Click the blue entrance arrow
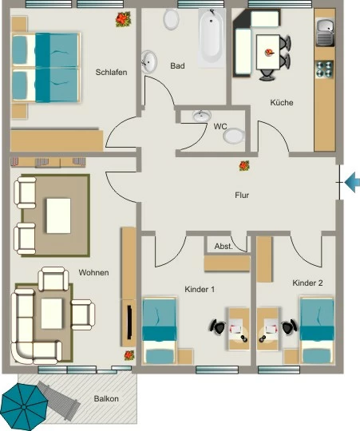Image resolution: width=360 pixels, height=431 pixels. pyautogui.click(x=352, y=182)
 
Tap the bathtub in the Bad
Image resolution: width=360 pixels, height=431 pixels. pyautogui.click(x=211, y=37)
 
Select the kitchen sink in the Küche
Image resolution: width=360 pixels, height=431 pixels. pyautogui.click(x=325, y=32)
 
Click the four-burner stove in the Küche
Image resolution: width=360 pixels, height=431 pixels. pyautogui.click(x=324, y=69)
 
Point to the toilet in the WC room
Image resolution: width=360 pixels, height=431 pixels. pyautogui.click(x=234, y=136)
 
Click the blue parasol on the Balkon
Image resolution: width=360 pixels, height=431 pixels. pyautogui.click(x=25, y=407)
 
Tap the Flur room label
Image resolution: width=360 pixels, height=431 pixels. pyautogui.click(x=242, y=196)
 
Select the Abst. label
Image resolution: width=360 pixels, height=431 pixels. pyautogui.click(x=224, y=247)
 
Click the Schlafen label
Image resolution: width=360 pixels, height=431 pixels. pyautogui.click(x=111, y=73)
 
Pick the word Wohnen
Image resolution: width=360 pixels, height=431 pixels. pyautogui.click(x=93, y=273)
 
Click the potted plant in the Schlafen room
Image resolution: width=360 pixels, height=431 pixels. pyautogui.click(x=123, y=19)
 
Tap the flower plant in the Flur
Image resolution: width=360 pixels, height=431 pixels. pyautogui.click(x=244, y=166)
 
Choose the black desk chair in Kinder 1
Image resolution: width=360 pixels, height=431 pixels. pyautogui.click(x=218, y=326)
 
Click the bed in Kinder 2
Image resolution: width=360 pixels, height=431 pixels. pyautogui.click(x=317, y=330)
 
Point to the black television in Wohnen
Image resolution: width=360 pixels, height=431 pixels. pyautogui.click(x=129, y=322)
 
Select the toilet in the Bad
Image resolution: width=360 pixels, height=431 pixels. pyautogui.click(x=171, y=18)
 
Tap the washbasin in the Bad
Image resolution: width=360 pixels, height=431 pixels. pyautogui.click(x=149, y=61)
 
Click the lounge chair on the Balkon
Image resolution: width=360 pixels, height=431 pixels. pyautogui.click(x=59, y=397)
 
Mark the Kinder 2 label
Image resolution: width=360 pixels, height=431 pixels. pyautogui.click(x=307, y=283)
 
